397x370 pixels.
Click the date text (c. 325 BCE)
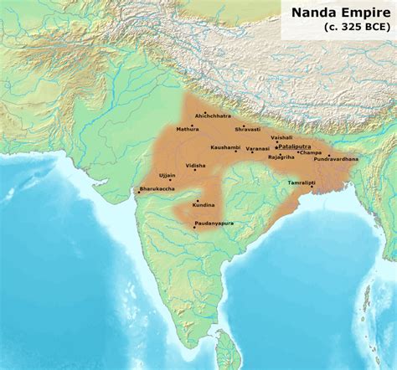coord(357,27)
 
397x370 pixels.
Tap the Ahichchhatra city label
coord(212,116)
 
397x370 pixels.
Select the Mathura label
coord(188,130)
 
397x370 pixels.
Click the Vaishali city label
coord(281,137)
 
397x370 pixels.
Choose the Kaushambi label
coord(225,147)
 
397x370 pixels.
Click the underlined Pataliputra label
coord(293,146)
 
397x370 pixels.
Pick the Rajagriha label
coord(281,157)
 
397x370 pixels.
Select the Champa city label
coord(311,152)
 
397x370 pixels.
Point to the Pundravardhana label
coord(336,159)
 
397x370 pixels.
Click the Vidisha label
coord(195,166)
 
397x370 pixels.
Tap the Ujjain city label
coord(167,175)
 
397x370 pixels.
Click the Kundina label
coord(204,204)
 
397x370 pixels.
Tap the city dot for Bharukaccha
coord(139,193)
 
